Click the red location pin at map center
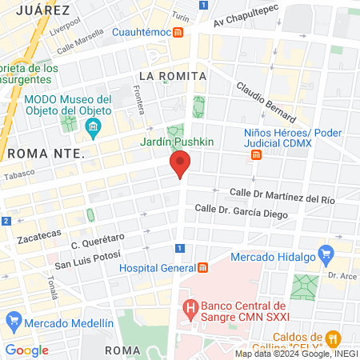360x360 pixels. coord(181,164)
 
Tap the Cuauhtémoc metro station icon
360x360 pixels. coord(179,33)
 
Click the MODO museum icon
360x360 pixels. coord(94,127)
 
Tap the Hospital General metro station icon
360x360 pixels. coord(203,267)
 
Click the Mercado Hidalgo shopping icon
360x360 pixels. coord(325,256)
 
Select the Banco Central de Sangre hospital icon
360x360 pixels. coord(190,306)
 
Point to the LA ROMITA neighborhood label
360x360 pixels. coord(173,75)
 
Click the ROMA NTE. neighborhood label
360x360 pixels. coord(45,152)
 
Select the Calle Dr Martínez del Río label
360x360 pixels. coord(282,194)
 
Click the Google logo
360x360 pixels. coord(27,350)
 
